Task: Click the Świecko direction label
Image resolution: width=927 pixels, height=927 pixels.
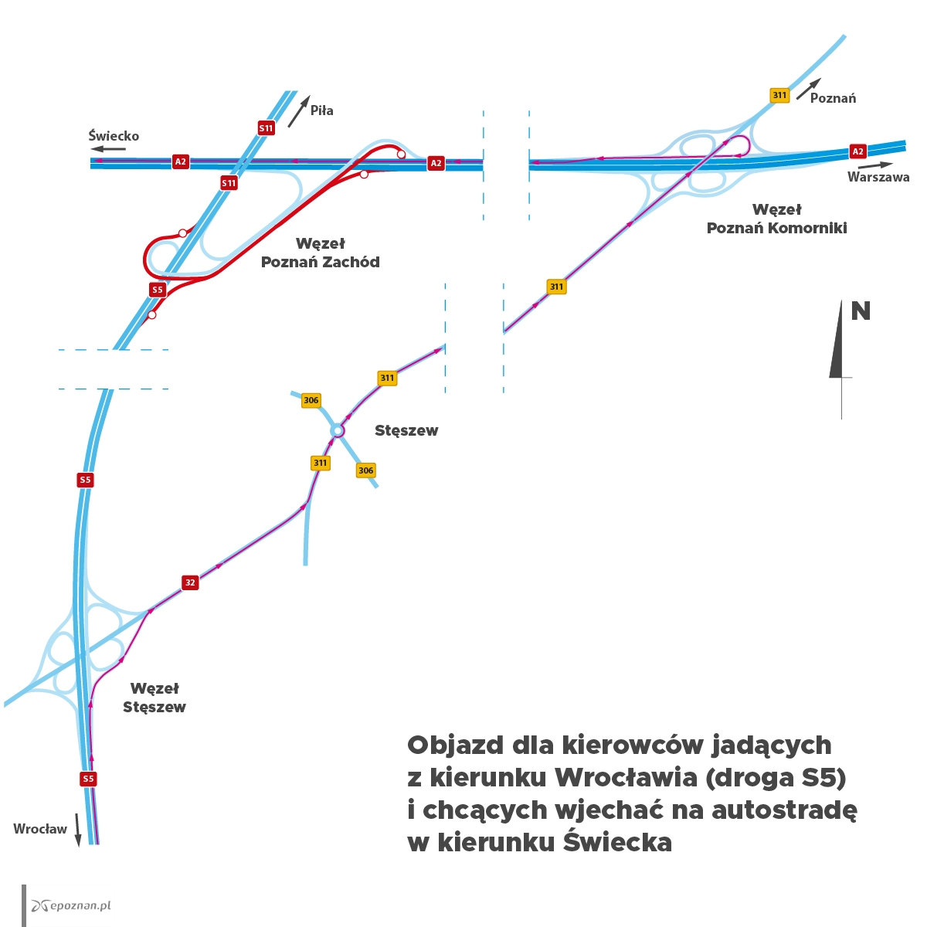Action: [x=114, y=136]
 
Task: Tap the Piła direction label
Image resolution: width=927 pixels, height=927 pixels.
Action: [x=322, y=110]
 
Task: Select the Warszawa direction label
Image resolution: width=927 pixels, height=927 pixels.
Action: [x=878, y=177]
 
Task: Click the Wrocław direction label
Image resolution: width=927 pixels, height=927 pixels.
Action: [x=40, y=829]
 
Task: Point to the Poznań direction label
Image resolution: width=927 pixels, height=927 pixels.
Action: [x=833, y=98]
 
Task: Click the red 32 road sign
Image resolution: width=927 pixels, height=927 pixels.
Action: [x=190, y=582]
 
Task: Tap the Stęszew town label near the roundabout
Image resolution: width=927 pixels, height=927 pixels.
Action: [x=406, y=430]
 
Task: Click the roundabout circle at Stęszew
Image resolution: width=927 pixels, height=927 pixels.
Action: [x=338, y=430]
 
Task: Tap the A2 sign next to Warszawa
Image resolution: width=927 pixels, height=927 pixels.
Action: [x=857, y=151]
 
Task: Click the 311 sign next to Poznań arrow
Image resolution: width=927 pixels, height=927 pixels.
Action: [x=779, y=95]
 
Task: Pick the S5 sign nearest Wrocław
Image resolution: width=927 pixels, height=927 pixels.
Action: [x=88, y=779]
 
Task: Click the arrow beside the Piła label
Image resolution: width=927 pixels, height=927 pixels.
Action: [x=299, y=111]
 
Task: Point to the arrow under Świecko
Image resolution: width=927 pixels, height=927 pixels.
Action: [x=109, y=148]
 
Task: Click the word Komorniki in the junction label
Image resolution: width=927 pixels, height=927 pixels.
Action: [x=799, y=228]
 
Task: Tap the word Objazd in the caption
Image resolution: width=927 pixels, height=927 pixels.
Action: [x=456, y=745]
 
